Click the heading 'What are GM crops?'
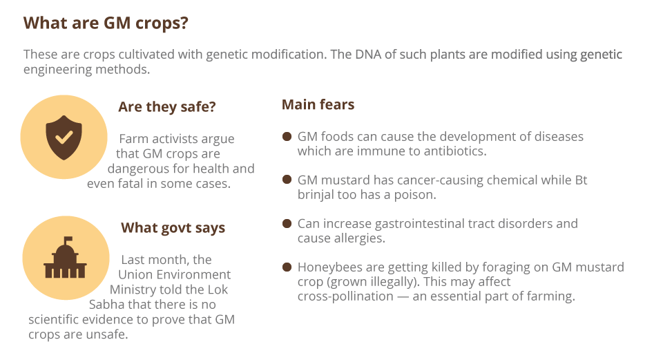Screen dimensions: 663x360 (x=106, y=23)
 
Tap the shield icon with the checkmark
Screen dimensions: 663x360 (x=64, y=138)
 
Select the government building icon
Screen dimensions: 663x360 (x=65, y=258)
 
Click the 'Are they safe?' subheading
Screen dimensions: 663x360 (x=167, y=107)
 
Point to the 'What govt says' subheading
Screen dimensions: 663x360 (x=173, y=228)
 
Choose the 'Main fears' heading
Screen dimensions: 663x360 (x=318, y=104)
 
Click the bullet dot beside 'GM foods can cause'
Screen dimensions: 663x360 (x=287, y=136)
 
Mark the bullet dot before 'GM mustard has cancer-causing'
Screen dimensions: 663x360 (x=287, y=180)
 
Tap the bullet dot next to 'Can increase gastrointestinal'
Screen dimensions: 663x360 (x=287, y=223)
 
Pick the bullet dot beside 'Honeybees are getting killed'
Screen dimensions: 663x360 (x=287, y=267)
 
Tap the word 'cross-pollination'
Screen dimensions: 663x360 (x=345, y=296)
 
